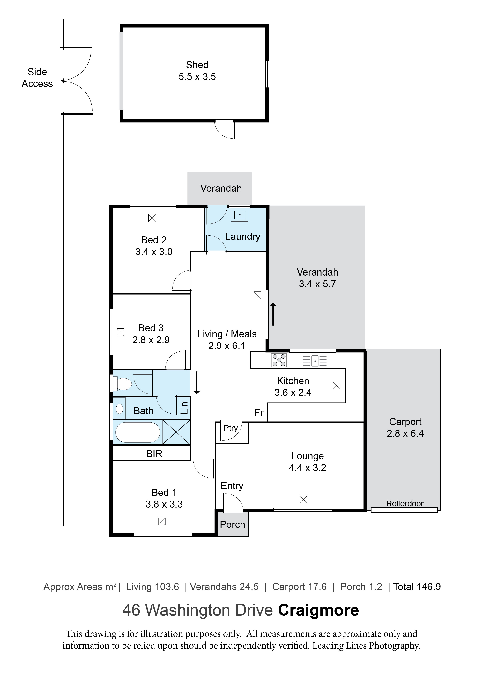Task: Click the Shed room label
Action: coord(197,65)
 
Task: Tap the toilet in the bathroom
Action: coord(123,384)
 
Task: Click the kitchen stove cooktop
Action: coord(279,360)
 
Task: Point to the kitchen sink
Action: coord(315,361)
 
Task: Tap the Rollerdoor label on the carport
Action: coord(405,503)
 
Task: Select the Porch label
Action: coord(232,524)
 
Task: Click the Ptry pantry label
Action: coord(231,428)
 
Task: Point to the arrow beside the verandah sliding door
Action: coord(273,314)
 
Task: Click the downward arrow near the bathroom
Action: coord(197,383)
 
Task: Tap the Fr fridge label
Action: coord(259,413)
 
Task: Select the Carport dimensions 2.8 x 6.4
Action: coord(405,433)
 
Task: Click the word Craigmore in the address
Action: coord(318,610)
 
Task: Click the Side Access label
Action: coord(37,78)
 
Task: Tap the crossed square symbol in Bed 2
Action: coord(152,218)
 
